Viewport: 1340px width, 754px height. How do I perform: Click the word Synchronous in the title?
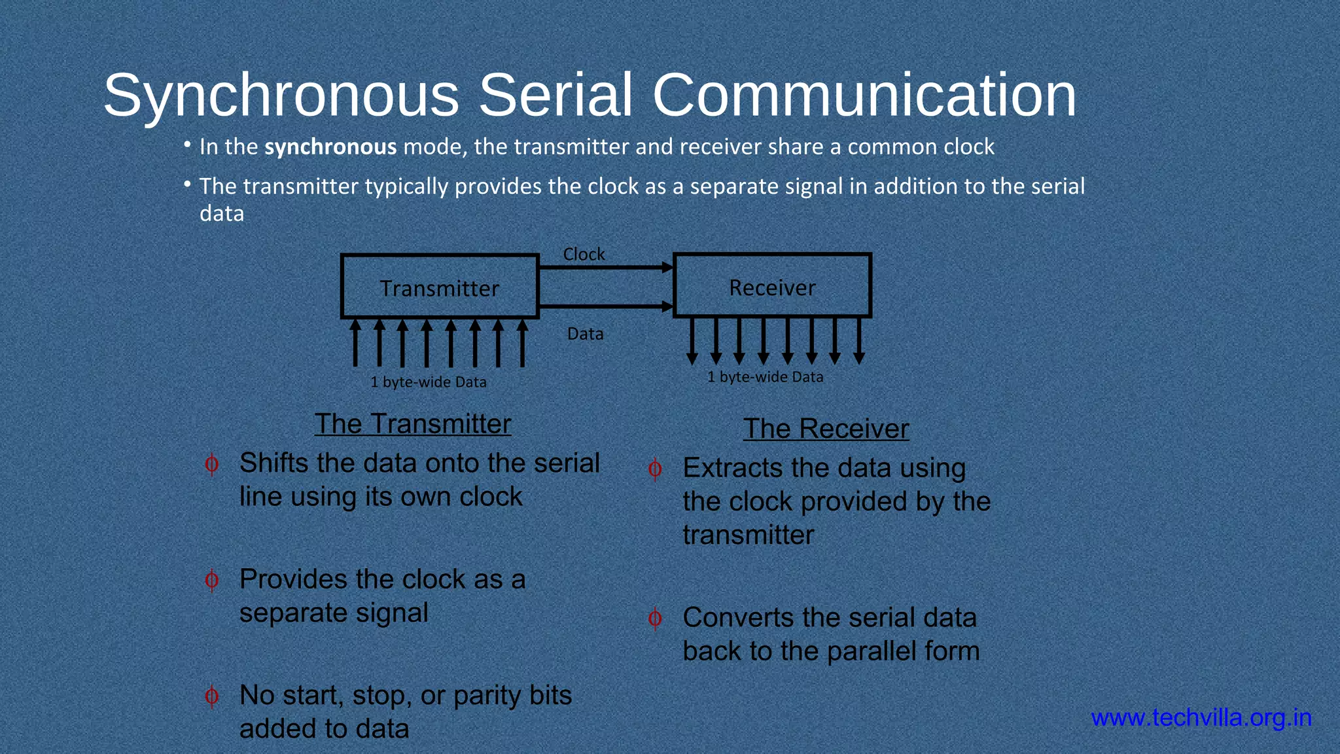[281, 96]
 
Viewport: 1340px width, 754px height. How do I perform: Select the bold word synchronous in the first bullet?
[330, 147]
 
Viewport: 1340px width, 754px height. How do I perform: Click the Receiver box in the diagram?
[772, 287]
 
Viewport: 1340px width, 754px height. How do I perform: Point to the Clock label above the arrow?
[584, 254]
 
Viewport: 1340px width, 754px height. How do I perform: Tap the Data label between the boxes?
[585, 334]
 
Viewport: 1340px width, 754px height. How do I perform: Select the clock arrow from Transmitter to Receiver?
[605, 267]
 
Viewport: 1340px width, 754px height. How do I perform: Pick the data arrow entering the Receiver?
[605, 306]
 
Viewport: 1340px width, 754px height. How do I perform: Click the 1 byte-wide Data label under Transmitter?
[429, 382]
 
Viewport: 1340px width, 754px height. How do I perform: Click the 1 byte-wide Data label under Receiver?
[765, 377]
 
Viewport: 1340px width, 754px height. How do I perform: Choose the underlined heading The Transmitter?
[412, 424]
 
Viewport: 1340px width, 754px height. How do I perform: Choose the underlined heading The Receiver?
[826, 429]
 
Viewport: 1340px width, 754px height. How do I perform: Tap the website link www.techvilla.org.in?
[1201, 718]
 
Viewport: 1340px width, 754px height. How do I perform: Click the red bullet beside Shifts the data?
[211, 464]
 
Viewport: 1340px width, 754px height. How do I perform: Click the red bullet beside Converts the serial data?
[654, 619]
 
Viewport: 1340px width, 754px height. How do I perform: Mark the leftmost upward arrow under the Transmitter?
[355, 342]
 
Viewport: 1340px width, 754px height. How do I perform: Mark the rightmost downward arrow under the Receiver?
[859, 341]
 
